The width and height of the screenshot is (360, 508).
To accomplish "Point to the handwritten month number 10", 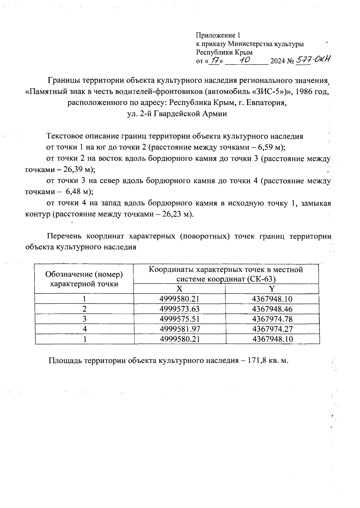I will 246,60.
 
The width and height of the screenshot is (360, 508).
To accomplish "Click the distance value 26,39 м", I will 77,170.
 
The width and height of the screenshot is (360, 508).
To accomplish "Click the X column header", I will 179,289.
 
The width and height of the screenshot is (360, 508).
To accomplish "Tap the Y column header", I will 272,289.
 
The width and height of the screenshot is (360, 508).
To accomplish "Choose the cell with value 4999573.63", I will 180,309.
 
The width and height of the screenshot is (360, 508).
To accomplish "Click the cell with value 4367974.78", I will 272,319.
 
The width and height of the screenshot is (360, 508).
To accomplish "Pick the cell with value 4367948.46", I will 272,309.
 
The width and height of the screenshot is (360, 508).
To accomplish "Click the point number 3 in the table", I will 85,319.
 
